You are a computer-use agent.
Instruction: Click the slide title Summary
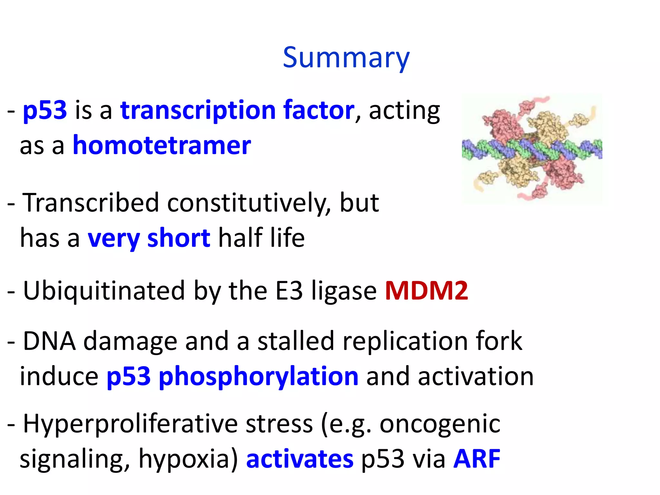[346, 57]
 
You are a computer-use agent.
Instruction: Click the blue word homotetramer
[162, 145]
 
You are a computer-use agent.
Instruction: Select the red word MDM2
[426, 291]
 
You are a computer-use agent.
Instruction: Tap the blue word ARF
[477, 459]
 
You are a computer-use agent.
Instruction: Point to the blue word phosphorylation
[258, 376]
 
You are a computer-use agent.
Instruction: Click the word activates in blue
[300, 459]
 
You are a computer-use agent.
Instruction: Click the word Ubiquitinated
[104, 291]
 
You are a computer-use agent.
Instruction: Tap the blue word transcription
[198, 110]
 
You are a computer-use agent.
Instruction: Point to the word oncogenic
[440, 424]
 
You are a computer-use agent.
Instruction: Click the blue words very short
[149, 238]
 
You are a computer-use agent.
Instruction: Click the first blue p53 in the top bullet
[45, 110]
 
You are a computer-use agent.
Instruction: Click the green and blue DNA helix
[532, 149]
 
